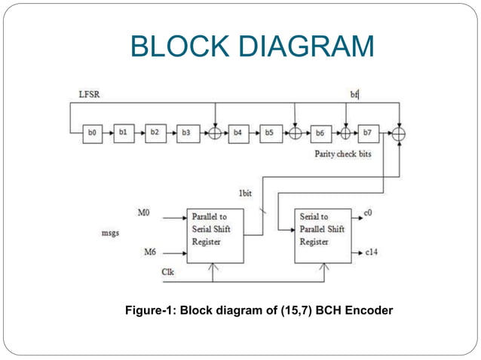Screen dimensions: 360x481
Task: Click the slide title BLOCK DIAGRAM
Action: point(252,46)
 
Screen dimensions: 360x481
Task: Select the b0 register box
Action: point(92,133)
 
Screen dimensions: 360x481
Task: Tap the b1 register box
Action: point(123,133)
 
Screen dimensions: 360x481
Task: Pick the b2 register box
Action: point(155,133)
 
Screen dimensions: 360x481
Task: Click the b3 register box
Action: point(185,133)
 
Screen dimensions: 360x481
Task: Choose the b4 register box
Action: point(239,133)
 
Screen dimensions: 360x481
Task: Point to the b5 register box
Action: point(269,133)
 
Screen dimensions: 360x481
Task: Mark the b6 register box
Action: point(320,133)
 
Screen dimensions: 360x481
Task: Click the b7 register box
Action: point(368,133)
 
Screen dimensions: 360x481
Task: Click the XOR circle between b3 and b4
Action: point(216,133)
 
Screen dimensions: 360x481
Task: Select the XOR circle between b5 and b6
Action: point(296,133)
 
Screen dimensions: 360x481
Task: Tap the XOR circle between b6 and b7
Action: point(345,133)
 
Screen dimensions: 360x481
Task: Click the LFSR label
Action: point(90,94)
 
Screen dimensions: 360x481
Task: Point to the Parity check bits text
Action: point(343,154)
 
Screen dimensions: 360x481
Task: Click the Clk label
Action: point(168,270)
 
